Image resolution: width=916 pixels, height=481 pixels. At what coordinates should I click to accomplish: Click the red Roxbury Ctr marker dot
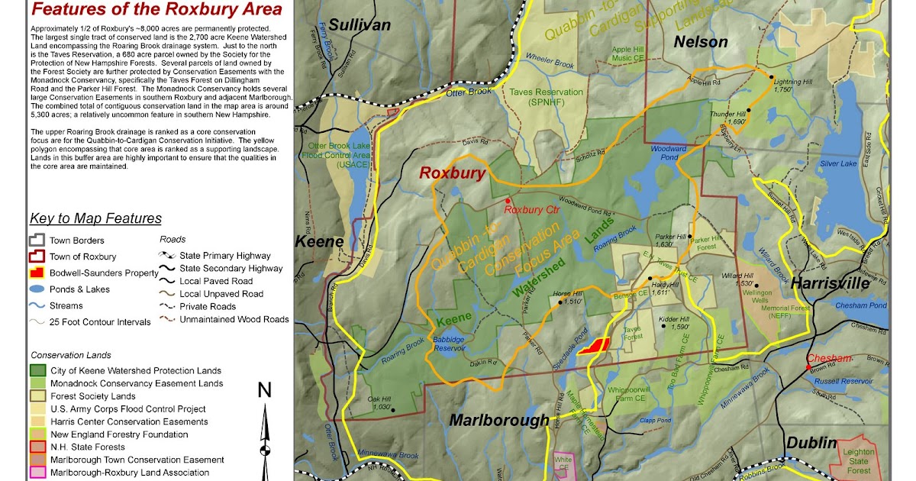coord(508,200)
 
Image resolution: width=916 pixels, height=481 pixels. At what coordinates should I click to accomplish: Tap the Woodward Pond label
coord(663,152)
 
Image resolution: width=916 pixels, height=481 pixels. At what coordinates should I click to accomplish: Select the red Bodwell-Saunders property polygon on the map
coord(593,346)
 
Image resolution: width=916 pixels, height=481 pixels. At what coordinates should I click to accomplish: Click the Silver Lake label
coord(839,163)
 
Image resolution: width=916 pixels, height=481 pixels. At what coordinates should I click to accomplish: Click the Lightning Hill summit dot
coord(771,79)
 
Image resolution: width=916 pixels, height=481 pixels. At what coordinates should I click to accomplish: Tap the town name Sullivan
coord(360,25)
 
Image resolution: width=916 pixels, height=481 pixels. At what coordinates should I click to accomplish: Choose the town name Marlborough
coord(498,420)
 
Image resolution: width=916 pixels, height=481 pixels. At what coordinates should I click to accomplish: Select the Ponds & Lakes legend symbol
coord(38,289)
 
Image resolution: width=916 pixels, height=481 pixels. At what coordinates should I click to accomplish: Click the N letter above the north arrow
coord(264,392)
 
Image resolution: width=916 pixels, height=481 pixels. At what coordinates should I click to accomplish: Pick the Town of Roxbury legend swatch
coord(38,257)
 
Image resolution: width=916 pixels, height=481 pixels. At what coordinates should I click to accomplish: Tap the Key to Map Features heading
coord(96,219)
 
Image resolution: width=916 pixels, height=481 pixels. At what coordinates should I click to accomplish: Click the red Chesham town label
coord(831,359)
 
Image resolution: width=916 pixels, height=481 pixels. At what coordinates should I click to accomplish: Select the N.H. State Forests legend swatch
coord(38,447)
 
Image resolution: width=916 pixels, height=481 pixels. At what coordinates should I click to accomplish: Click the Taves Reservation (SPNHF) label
coord(547,97)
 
